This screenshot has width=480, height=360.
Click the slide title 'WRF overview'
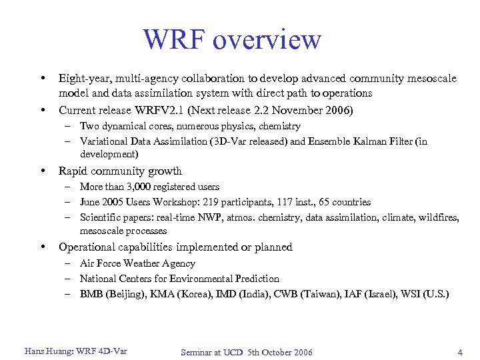coord(232,40)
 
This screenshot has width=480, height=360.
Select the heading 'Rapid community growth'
coord(120,171)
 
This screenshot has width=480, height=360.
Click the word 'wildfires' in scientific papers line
coord(440,217)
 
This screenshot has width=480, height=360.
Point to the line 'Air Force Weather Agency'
coord(137,263)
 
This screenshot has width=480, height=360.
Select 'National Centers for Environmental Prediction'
coord(179,279)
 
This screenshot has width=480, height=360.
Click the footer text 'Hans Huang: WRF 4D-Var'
coord(75,351)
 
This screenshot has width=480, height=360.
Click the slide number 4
coord(460,352)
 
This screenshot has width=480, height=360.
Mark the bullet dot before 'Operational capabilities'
coord(43,247)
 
